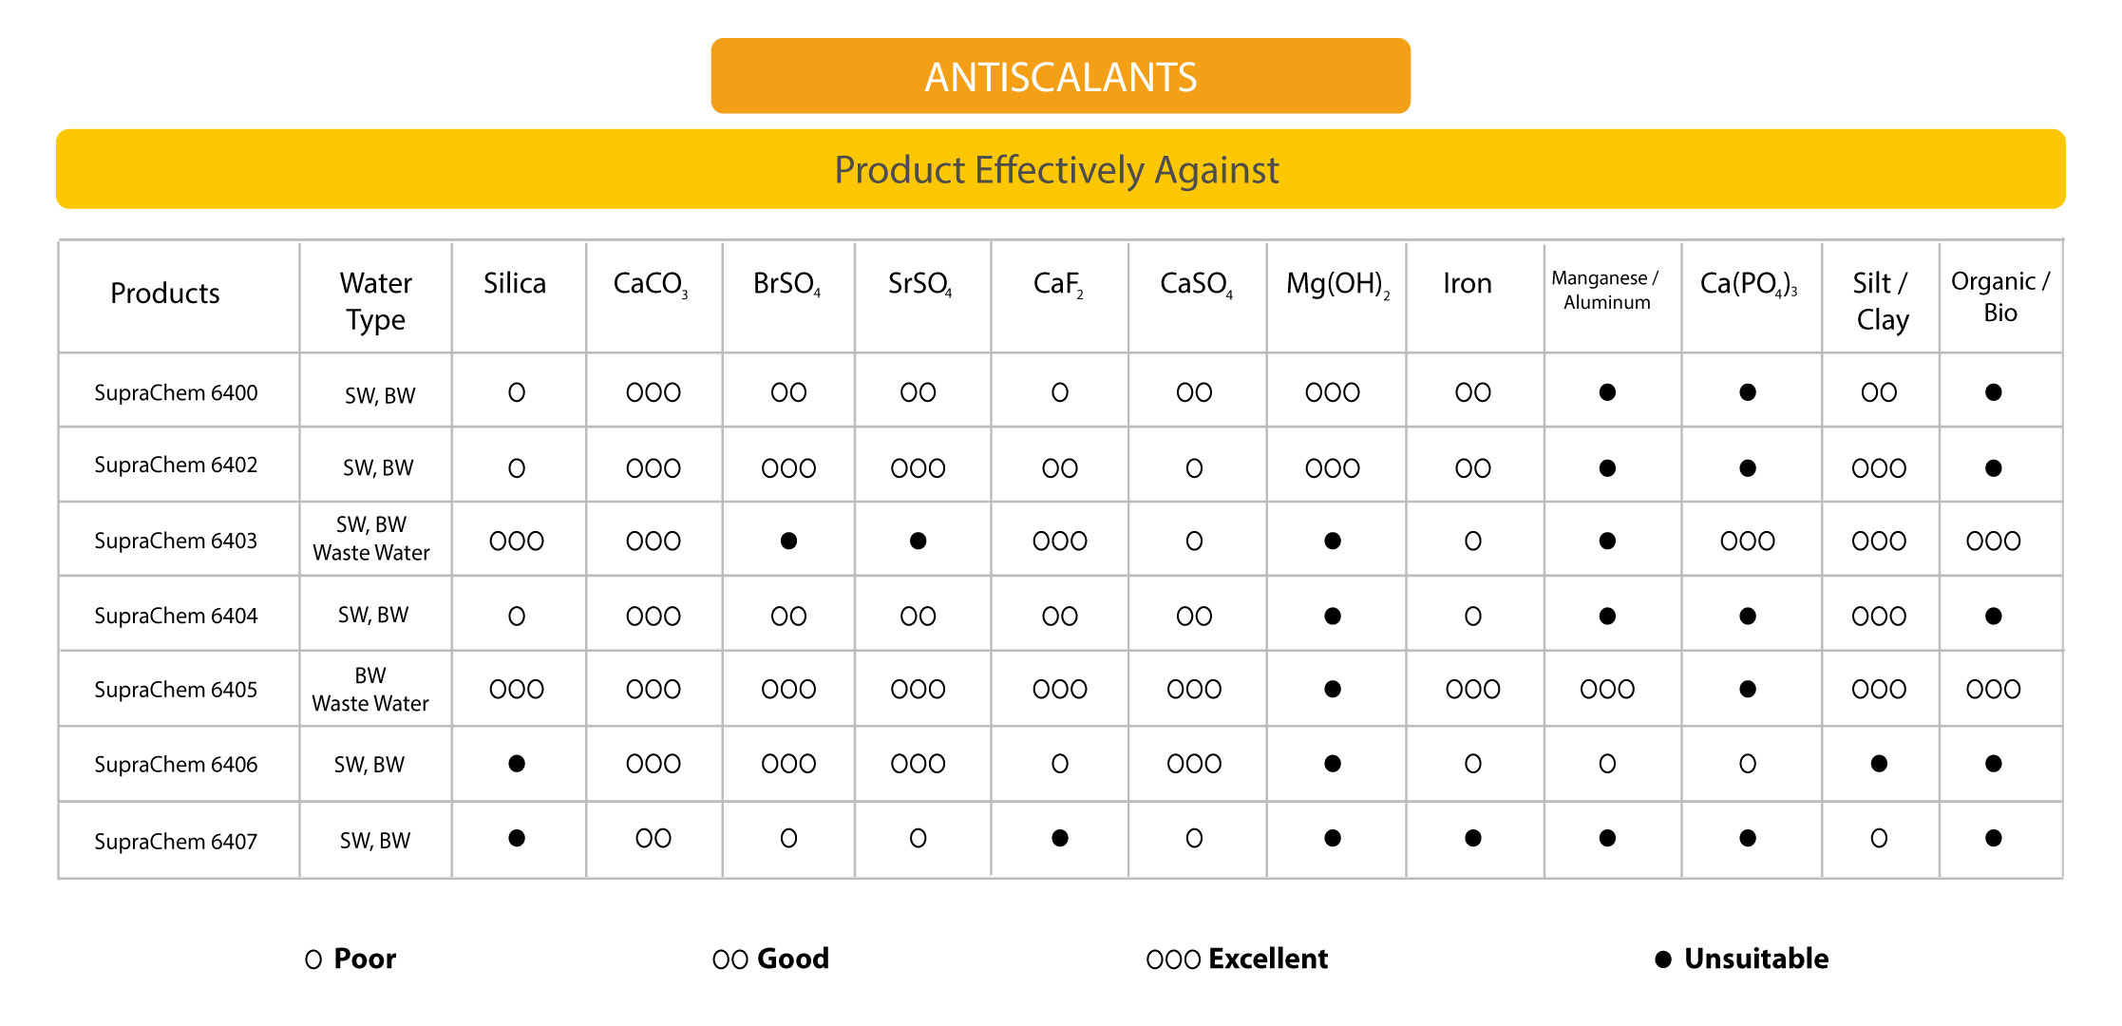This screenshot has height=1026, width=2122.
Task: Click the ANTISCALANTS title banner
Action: click(x=1060, y=76)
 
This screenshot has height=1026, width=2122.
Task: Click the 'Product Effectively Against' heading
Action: click(x=1056, y=170)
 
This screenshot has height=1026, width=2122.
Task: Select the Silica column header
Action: click(x=515, y=283)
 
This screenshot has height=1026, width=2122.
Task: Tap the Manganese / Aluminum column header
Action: click(x=1605, y=290)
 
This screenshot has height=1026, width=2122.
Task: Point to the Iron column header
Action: click(x=1468, y=283)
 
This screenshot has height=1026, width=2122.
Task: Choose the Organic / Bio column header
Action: click(x=2000, y=296)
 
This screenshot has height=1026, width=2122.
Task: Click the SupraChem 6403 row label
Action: click(x=176, y=541)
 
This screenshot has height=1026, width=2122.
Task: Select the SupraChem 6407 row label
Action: click(x=176, y=841)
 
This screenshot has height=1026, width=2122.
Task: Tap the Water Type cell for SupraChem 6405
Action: click(x=370, y=690)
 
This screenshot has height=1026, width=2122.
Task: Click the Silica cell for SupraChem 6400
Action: click(x=517, y=392)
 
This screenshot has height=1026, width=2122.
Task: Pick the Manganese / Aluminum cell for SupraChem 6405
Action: click(x=1607, y=690)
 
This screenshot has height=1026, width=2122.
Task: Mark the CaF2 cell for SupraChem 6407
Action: click(x=1060, y=838)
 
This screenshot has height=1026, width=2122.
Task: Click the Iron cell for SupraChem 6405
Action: click(x=1473, y=690)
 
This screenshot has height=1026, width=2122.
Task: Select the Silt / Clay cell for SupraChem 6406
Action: click(x=1879, y=764)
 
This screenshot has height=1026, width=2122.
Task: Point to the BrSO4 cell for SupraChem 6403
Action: click(x=788, y=541)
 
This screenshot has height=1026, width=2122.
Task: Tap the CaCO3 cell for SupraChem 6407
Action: click(x=654, y=838)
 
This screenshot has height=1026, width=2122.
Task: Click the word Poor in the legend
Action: click(x=365, y=959)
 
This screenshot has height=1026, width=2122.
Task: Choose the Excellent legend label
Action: click(x=1268, y=959)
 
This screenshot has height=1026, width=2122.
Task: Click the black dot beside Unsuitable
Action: click(x=1663, y=959)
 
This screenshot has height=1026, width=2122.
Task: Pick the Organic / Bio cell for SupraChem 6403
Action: click(x=1994, y=541)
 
